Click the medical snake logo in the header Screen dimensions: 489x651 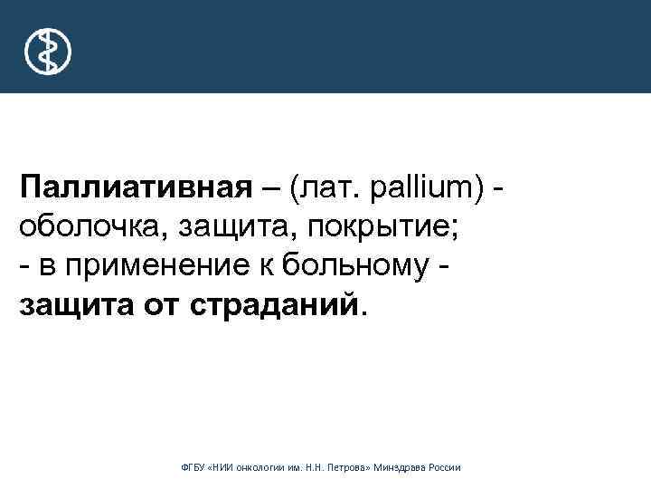point(47,51)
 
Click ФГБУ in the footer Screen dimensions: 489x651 point(194,467)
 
